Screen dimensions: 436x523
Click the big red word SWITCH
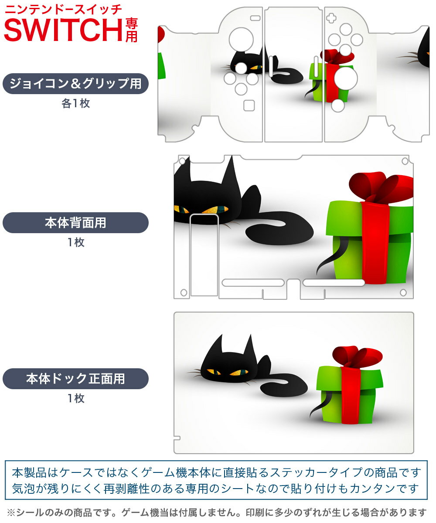[63, 30]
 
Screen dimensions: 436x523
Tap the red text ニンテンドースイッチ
[63, 10]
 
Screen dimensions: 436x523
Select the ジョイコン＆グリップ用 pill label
[75, 83]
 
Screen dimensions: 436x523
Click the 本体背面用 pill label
[75, 222]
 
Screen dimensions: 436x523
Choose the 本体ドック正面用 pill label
[75, 378]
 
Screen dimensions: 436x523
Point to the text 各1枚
[76, 103]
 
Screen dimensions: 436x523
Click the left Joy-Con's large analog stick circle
[241, 40]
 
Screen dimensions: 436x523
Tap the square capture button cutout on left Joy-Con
[249, 105]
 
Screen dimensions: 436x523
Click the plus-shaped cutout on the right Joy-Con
[331, 18]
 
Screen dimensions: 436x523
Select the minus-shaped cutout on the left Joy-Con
[255, 18]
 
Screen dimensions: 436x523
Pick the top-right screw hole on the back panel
[405, 161]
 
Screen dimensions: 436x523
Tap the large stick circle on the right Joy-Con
[346, 78]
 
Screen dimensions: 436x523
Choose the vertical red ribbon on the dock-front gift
[350, 395]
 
